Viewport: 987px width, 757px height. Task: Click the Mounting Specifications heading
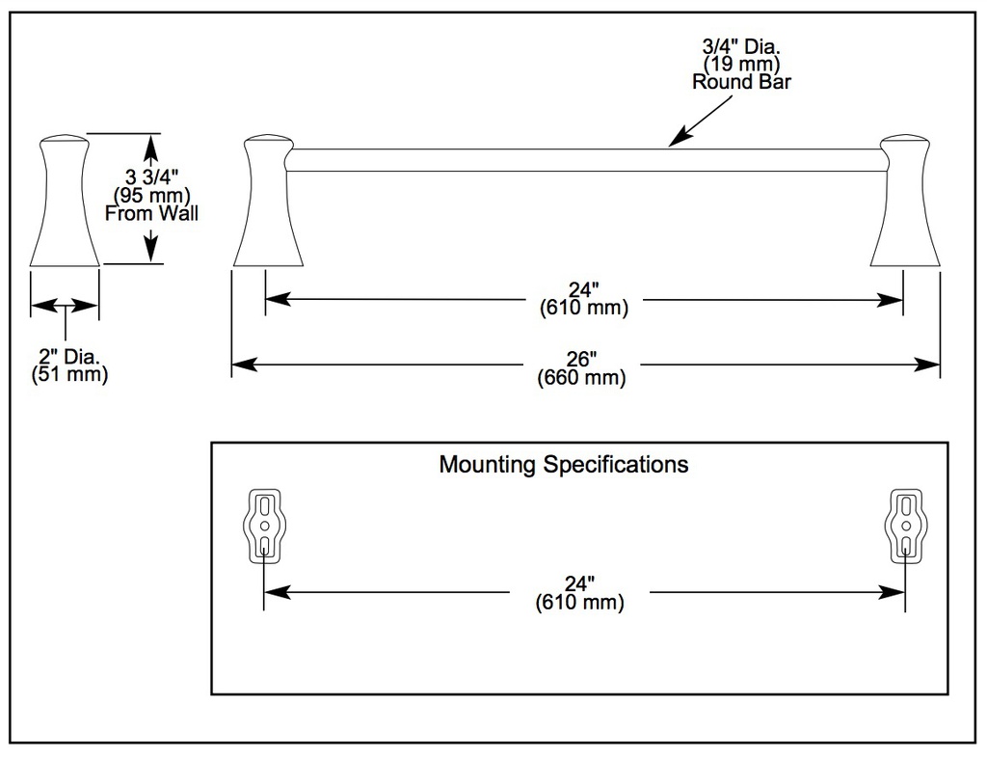(563, 465)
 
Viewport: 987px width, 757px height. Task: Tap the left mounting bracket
(264, 526)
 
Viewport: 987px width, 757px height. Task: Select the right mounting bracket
(906, 526)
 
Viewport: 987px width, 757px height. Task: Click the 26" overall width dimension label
(581, 359)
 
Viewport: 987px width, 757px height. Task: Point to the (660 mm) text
(581, 378)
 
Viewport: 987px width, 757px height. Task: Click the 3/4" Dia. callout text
(741, 46)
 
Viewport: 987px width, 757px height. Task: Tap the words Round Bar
(741, 82)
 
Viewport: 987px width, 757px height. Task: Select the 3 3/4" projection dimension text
(151, 176)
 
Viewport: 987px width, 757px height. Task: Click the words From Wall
(151, 213)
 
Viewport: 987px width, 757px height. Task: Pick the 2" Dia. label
(69, 357)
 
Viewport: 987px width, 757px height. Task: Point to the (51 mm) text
(69, 375)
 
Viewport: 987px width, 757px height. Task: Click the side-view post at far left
(65, 200)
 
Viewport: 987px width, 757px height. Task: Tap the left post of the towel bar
(268, 200)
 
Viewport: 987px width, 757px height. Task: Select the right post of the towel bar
(905, 200)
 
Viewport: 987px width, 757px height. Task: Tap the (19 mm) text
(741, 64)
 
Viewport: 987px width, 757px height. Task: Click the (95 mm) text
(151, 195)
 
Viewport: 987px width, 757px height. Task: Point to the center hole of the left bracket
(264, 526)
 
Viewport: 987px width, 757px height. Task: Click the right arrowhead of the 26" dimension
(928, 364)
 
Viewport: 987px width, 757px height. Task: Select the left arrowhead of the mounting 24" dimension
(277, 592)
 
